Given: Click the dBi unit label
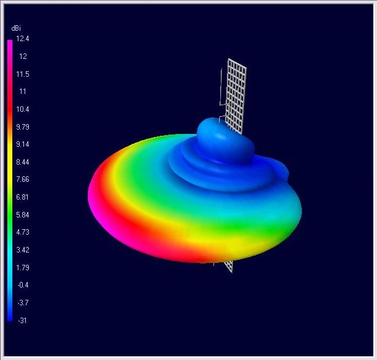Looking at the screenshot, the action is click(16, 28).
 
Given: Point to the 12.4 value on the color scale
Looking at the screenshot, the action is click(23, 39).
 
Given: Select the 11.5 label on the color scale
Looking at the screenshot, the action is click(23, 74).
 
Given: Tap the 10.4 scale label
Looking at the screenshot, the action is click(23, 109).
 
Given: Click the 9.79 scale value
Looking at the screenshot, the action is click(23, 127).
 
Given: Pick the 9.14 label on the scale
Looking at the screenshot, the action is click(23, 144).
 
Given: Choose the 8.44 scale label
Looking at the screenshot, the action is click(23, 162).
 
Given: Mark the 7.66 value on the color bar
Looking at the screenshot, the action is click(23, 179).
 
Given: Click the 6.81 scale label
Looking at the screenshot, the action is click(22, 197).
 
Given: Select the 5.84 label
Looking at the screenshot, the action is click(23, 214).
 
